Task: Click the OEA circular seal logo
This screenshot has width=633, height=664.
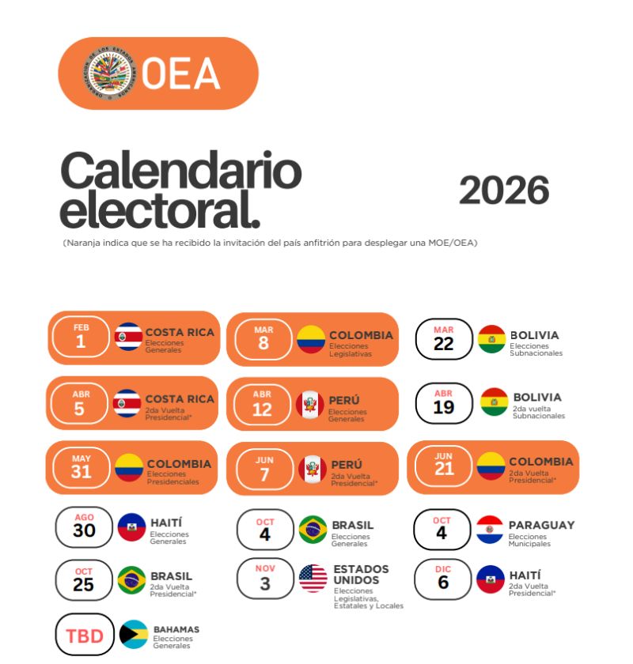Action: [109, 74]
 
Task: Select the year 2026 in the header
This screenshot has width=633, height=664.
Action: [504, 191]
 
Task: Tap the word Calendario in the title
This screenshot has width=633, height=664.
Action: [181, 171]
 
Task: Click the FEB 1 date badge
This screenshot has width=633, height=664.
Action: [81, 337]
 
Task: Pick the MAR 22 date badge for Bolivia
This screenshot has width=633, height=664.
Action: [443, 339]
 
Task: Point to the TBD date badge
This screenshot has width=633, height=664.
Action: [85, 635]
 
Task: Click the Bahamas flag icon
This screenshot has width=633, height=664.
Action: [134, 634]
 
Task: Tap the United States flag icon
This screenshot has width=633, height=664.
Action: [313, 578]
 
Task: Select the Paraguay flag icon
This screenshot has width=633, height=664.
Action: [490, 530]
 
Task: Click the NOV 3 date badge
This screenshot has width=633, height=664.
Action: [265, 578]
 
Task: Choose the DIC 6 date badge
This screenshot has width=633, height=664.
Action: [442, 579]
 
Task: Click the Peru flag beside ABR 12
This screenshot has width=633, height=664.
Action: [310, 405]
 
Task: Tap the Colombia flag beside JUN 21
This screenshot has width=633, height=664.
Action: [491, 466]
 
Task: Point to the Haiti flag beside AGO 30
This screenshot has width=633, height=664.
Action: [131, 527]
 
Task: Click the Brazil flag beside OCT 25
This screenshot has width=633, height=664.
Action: [131, 580]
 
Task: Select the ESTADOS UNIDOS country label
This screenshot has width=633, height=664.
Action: [361, 575]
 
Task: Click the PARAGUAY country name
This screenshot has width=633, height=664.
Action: [541, 525]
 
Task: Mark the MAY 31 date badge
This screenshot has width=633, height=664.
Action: [81, 467]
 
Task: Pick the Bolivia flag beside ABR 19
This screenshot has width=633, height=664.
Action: [494, 402]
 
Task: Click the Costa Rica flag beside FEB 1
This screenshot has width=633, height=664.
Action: [128, 337]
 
